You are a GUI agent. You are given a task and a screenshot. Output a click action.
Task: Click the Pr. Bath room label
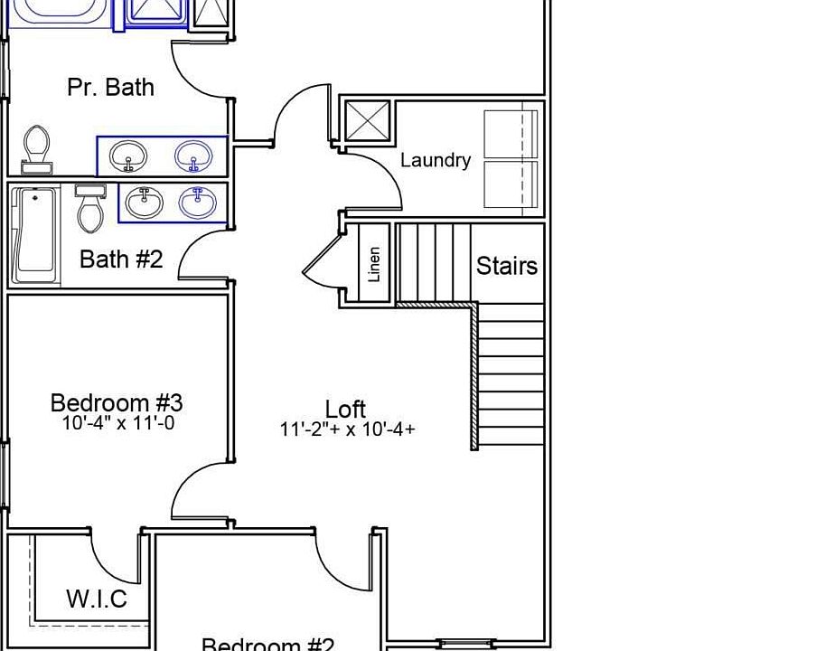click(x=110, y=87)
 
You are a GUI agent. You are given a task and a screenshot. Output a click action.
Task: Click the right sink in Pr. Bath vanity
click(x=192, y=156)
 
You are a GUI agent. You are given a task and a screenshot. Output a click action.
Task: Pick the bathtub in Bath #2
click(x=35, y=234)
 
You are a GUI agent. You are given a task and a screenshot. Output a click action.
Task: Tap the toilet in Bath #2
click(x=90, y=210)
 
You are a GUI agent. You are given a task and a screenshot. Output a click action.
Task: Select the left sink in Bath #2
click(x=143, y=202)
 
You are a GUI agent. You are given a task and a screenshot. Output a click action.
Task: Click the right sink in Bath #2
click(x=197, y=202)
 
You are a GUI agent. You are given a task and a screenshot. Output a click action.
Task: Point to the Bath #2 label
click(x=121, y=259)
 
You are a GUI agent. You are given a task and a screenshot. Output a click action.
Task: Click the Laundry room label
click(x=436, y=160)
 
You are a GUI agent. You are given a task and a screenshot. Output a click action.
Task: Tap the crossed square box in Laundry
click(x=368, y=121)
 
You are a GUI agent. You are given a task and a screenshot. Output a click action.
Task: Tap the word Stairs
click(x=507, y=266)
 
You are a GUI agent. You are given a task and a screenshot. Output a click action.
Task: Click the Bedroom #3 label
click(x=117, y=402)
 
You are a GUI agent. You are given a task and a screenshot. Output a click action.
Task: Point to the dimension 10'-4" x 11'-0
click(x=117, y=422)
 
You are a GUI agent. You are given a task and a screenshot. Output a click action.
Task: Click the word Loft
click(x=346, y=409)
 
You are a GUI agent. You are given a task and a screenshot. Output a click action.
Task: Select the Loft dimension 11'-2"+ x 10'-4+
click(x=348, y=429)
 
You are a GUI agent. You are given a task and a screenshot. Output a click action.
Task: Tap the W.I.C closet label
click(x=97, y=599)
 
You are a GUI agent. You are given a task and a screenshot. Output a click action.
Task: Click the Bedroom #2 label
click(x=267, y=645)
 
